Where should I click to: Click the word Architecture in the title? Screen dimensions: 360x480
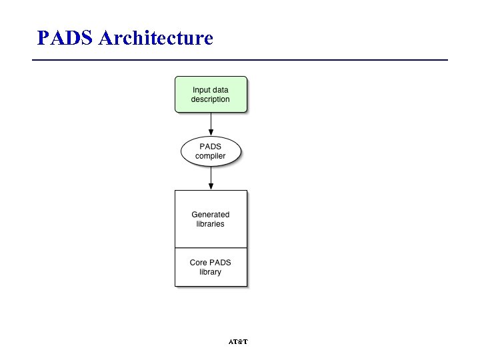(x=155, y=38)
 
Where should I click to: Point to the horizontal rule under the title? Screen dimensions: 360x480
(x=240, y=60)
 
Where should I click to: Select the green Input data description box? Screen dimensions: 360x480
(x=211, y=94)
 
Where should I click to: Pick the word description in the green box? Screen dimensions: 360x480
(x=211, y=99)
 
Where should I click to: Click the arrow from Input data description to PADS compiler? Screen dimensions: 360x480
(x=211, y=123)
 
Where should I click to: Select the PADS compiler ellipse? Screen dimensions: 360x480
(x=211, y=151)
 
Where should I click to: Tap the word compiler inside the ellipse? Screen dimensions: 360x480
(x=211, y=156)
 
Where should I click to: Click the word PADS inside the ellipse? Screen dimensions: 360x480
(x=211, y=147)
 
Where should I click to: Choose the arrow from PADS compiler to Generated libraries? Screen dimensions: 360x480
(x=211, y=177)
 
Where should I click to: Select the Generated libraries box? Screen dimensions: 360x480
(x=211, y=219)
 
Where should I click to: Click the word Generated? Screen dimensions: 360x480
(x=211, y=215)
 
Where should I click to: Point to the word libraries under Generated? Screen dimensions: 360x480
(x=211, y=224)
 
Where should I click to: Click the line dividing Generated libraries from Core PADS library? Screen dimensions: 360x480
(x=211, y=248)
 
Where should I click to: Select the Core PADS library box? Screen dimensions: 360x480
(x=211, y=267)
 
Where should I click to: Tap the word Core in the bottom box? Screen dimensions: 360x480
(x=199, y=263)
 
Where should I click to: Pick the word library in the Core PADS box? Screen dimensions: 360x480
(x=211, y=272)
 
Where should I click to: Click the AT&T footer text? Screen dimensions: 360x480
(x=238, y=342)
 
